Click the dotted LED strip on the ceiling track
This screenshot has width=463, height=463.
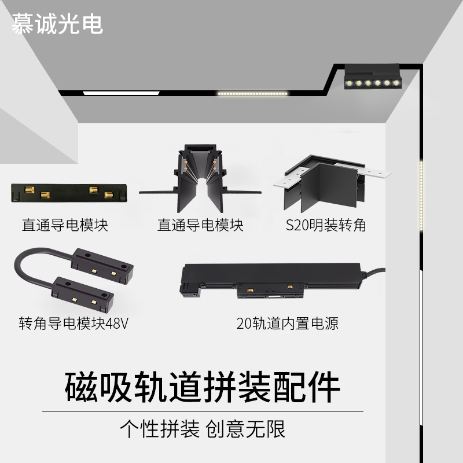click(252, 93)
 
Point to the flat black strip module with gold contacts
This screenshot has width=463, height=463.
click(69, 193)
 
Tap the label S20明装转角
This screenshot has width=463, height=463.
click(326, 225)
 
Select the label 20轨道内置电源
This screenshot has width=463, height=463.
click(287, 323)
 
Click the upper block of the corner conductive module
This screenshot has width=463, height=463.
click(102, 266)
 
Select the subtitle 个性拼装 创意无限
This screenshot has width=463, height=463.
click(202, 429)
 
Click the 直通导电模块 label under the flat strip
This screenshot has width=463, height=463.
click(65, 225)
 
